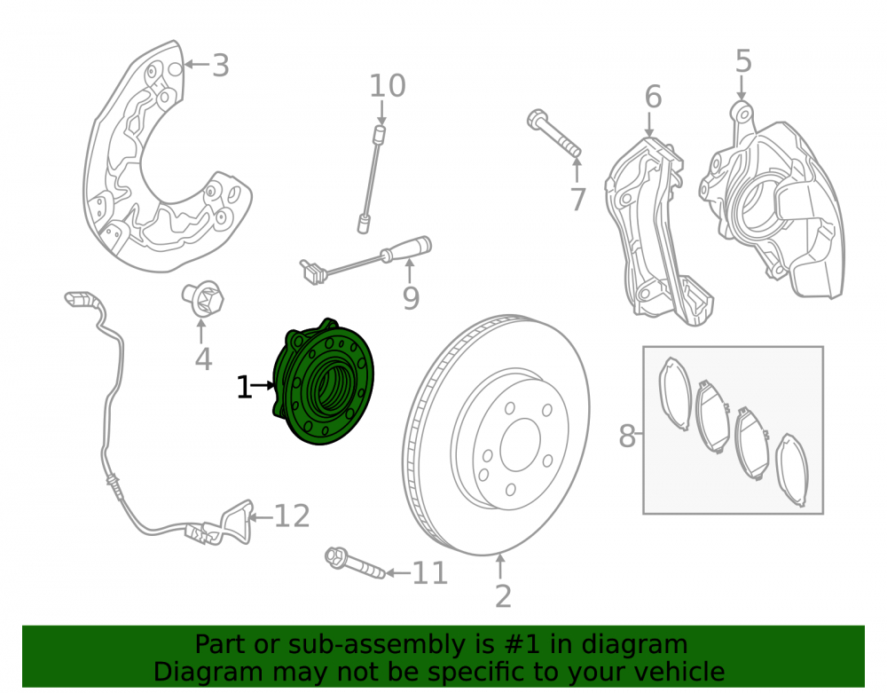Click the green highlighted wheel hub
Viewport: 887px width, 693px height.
324,382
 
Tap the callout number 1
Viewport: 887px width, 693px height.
244,388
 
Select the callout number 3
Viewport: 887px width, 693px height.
220,66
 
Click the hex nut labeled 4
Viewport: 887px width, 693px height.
202,298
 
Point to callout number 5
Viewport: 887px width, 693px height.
743,61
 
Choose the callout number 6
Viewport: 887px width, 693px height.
653,97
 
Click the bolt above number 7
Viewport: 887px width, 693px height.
553,133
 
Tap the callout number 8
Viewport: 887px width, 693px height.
627,437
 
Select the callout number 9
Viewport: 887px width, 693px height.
412,298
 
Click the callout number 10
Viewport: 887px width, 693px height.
388,86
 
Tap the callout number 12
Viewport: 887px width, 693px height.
292,516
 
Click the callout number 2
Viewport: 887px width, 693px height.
503,596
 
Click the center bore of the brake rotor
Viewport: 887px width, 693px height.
520,445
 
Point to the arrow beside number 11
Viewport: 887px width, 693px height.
398,573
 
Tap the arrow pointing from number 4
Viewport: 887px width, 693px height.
200,331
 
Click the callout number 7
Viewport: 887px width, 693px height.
577,200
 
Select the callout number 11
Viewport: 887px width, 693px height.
430,573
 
